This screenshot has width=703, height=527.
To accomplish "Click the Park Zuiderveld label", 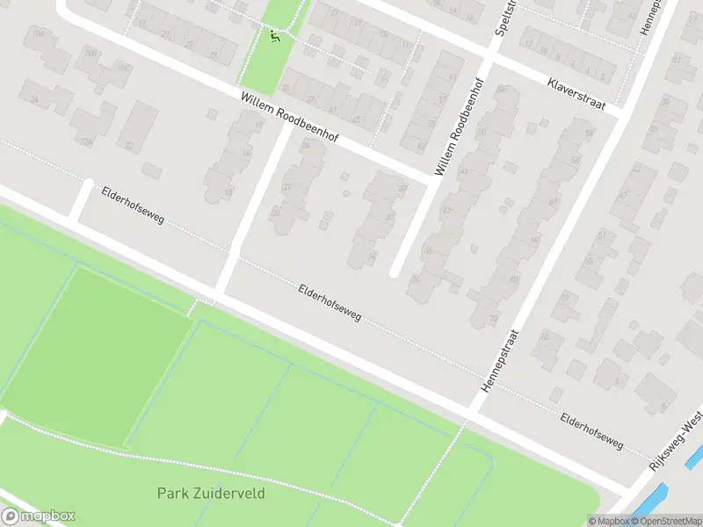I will (x=211, y=494).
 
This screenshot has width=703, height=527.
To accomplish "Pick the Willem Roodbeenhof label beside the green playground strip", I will (x=289, y=120).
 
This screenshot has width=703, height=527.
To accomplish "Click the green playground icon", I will (x=276, y=36).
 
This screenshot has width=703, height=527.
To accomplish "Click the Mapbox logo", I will (x=38, y=516).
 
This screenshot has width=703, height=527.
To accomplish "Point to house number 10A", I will (x=38, y=32).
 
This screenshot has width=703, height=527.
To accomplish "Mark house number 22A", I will (x=85, y=141).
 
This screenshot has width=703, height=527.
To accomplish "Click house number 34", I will (x=373, y=256).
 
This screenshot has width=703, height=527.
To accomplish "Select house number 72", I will (x=494, y=317).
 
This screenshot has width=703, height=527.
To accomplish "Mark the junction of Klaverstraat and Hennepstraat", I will (x=623, y=113).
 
